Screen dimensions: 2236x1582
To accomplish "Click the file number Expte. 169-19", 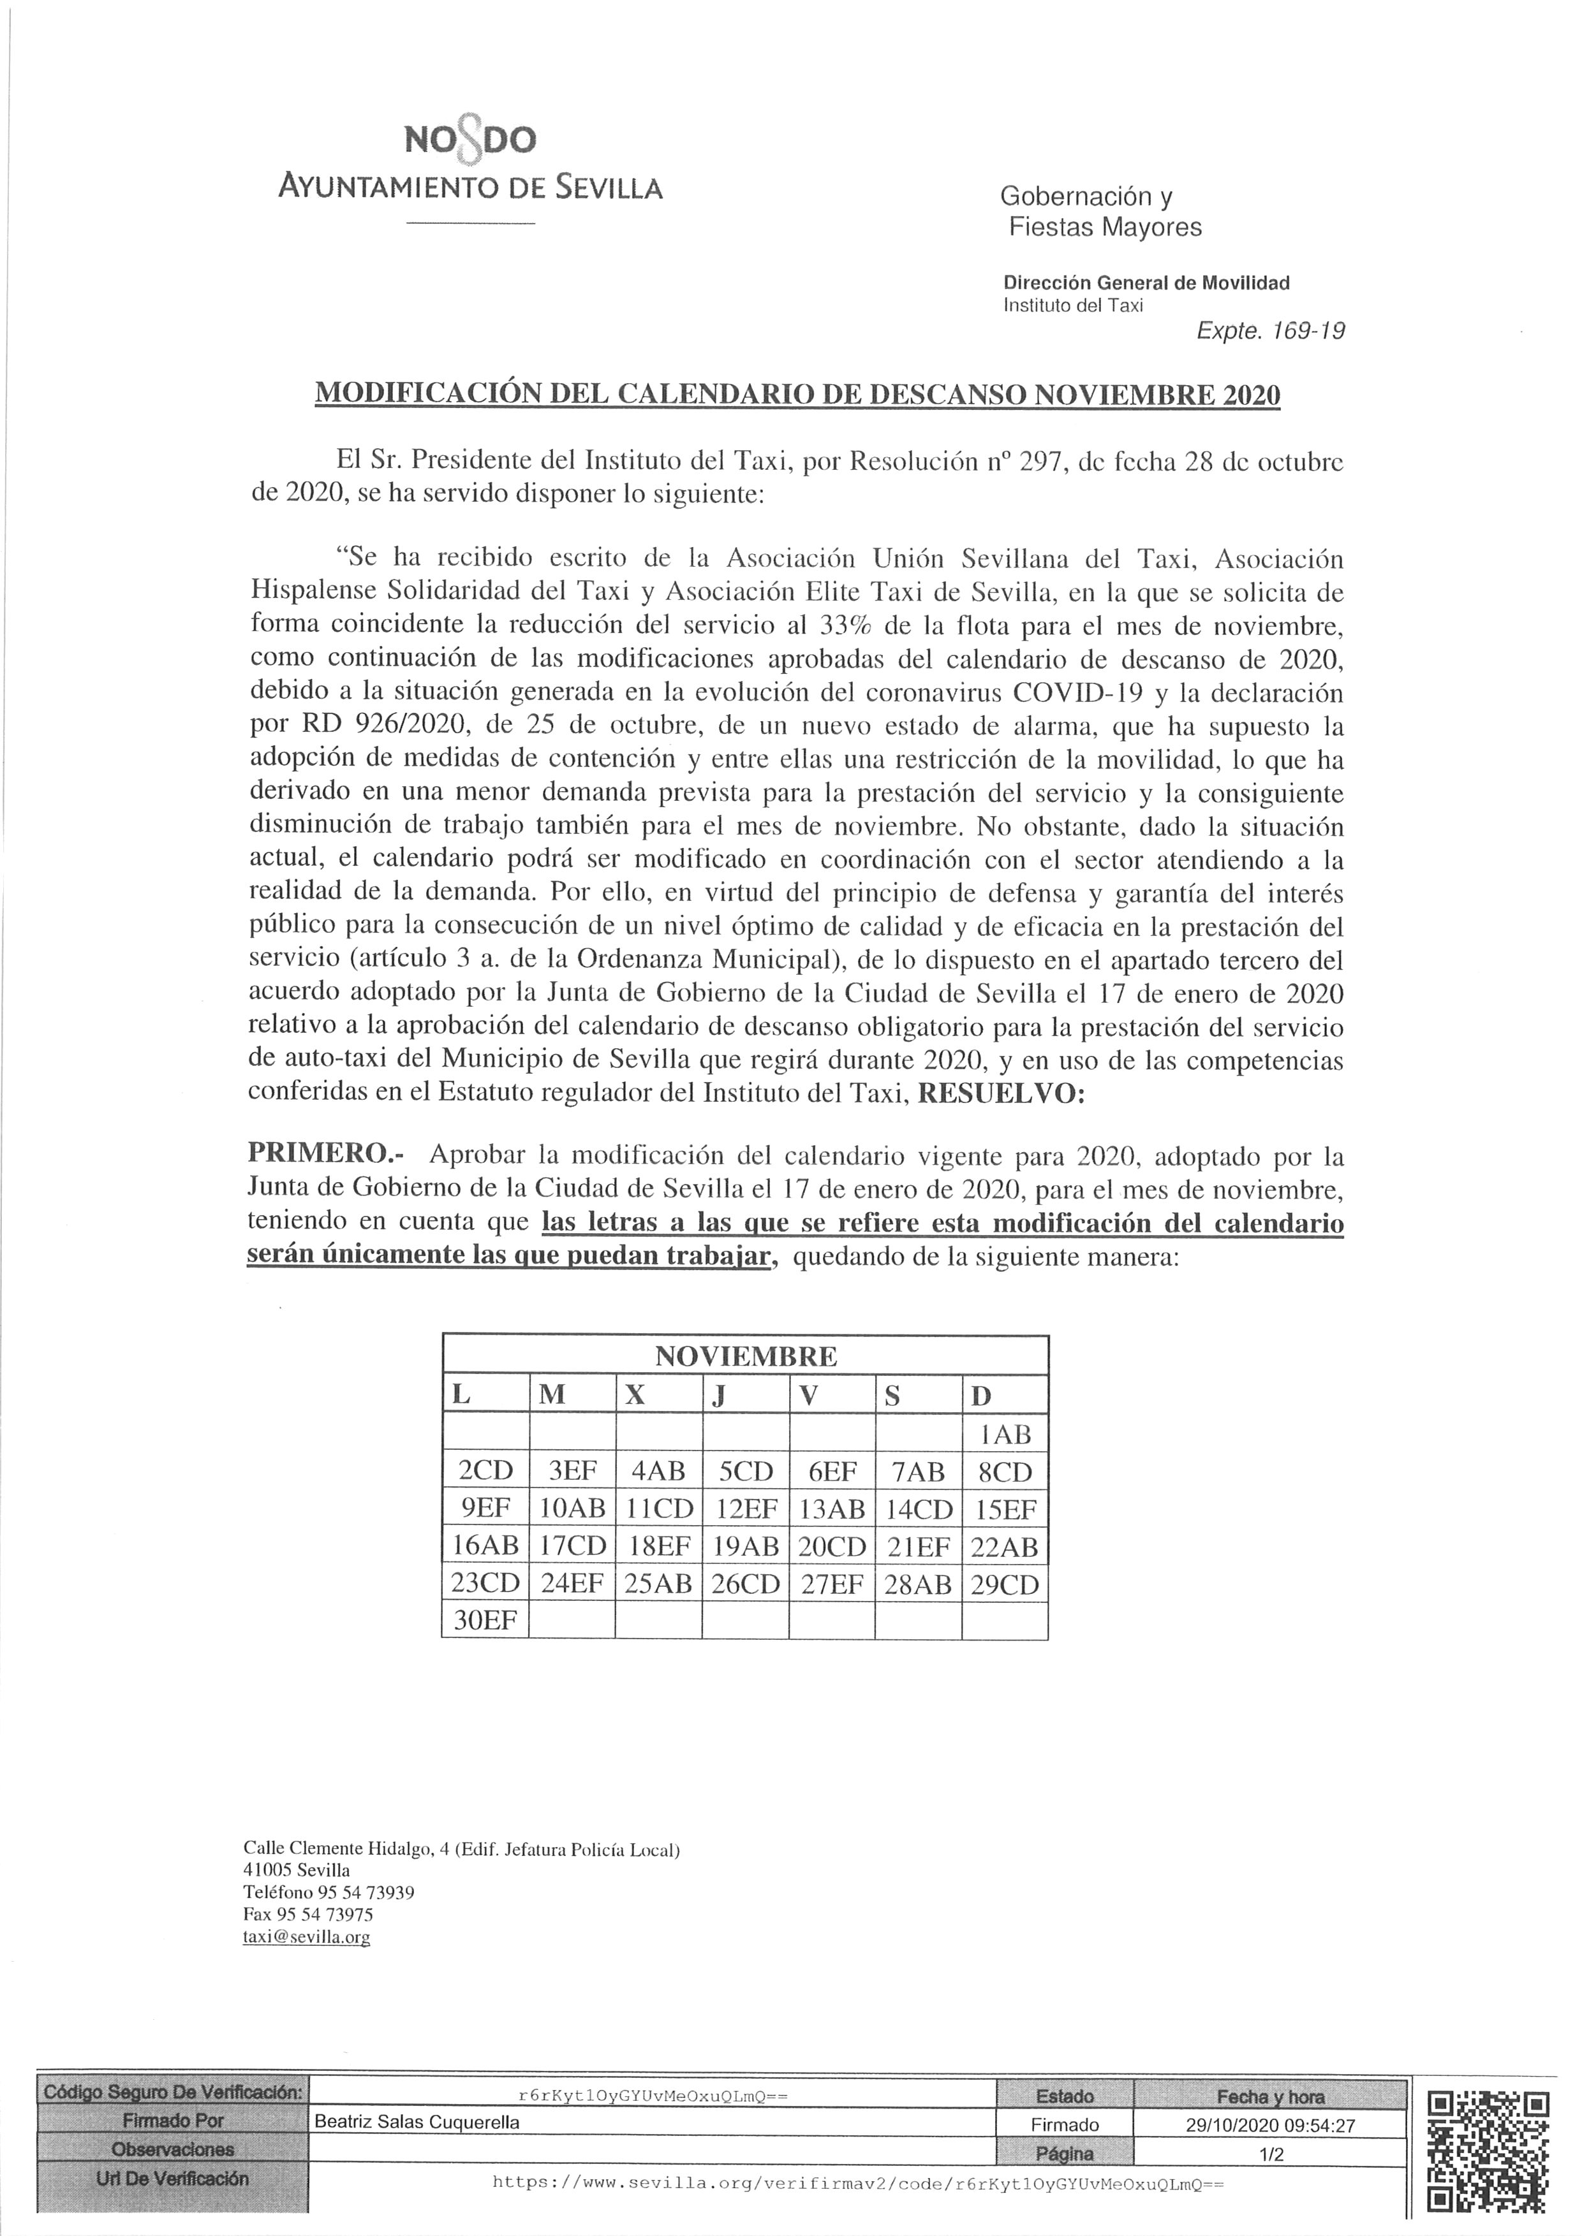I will [x=1270, y=331].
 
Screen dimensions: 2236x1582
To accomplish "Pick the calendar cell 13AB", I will [x=831, y=1510].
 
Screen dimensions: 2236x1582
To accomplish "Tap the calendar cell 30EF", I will [x=484, y=1621].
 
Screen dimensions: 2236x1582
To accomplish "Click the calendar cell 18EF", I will [x=658, y=1547].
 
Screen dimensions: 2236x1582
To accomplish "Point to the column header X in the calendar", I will [x=635, y=1394].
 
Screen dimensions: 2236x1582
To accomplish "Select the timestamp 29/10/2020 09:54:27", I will [x=1270, y=2126].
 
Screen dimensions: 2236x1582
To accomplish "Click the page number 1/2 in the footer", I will [x=1270, y=2154].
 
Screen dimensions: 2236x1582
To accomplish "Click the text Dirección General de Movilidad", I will [x=1146, y=283].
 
